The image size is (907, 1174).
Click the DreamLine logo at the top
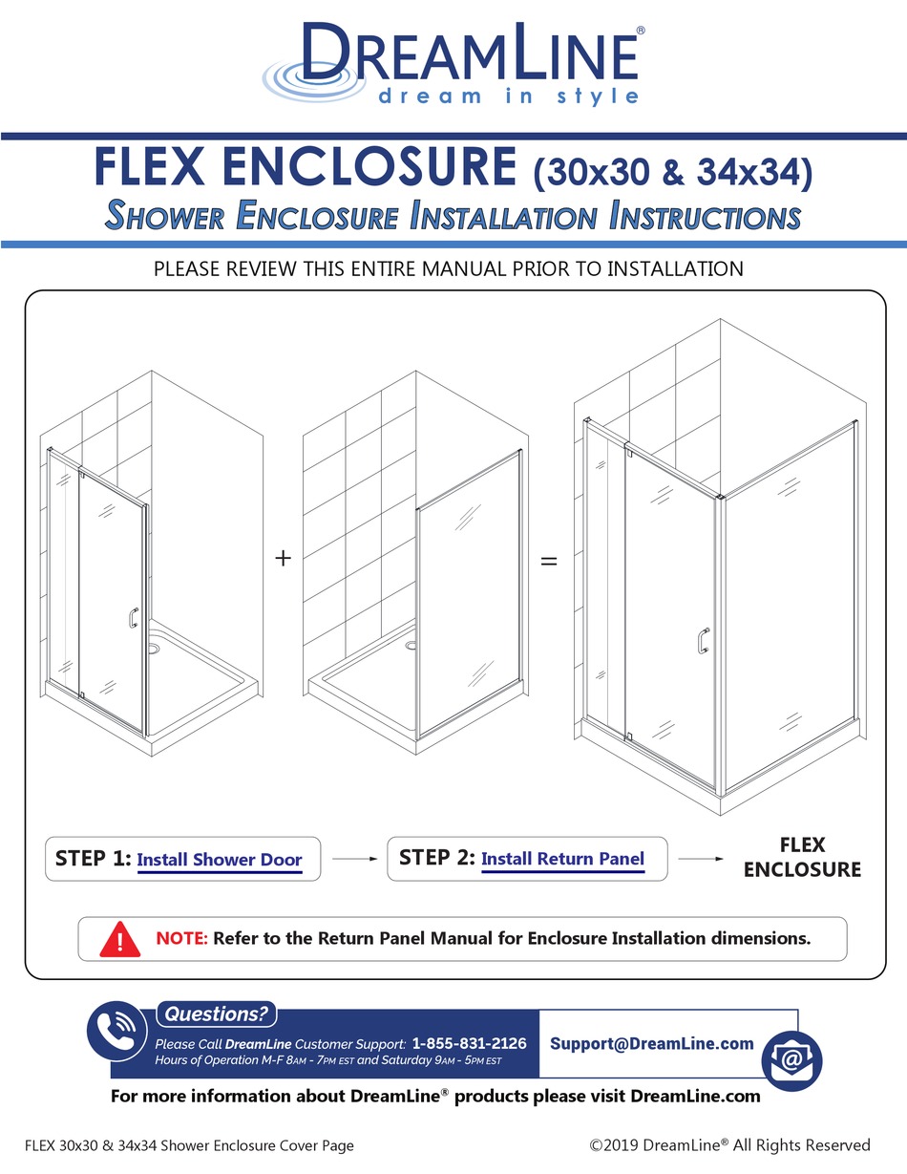[x=453, y=63]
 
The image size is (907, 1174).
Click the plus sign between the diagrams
[x=283, y=558]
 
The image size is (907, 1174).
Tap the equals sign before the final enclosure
[x=549, y=562]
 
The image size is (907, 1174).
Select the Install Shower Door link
[x=220, y=860]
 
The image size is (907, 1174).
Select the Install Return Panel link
[x=562, y=859]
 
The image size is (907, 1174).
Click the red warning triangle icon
[x=120, y=939]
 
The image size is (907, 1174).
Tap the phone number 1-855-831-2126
[x=469, y=1043]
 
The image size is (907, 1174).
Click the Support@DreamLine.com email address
[x=652, y=1043]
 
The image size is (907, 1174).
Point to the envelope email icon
[x=791, y=1060]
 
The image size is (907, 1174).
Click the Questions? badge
[x=216, y=1014]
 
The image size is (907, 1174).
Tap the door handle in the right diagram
[x=704, y=641]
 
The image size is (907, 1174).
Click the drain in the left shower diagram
[x=154, y=646]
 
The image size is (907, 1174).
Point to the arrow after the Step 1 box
[x=354, y=859]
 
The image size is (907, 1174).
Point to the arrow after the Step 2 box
[x=700, y=859]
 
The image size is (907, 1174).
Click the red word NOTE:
[x=181, y=938]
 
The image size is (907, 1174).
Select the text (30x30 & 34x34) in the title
[x=673, y=173]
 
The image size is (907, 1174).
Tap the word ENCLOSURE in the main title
[x=369, y=166]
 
